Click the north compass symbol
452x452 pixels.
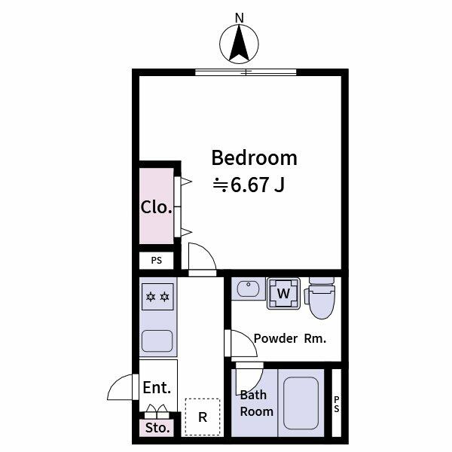[240, 43]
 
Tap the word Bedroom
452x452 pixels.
[254, 158]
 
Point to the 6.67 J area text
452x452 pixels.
[249, 184]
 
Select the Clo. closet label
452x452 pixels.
[157, 207]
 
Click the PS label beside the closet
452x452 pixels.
[157, 261]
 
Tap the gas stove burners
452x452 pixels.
[157, 296]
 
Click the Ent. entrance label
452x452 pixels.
[157, 388]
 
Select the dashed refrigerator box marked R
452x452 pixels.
[203, 417]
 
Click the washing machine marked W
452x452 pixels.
[284, 293]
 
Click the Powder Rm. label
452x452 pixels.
[290, 338]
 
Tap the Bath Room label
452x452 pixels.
[256, 403]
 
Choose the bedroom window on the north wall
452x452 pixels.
[246, 72]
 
